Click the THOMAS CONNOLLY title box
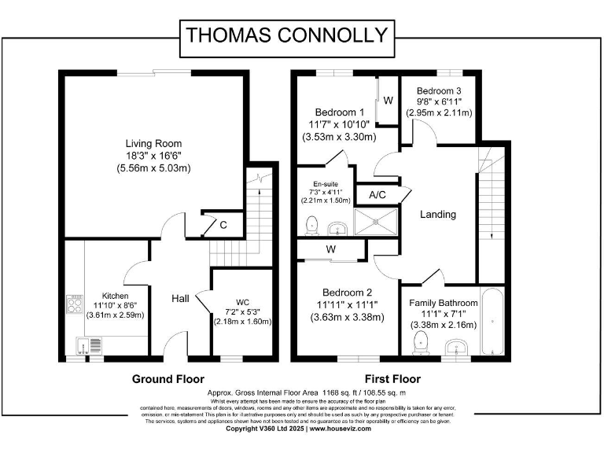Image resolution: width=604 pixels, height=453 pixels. tap(286, 35)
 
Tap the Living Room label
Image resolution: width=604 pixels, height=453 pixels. tap(153, 156)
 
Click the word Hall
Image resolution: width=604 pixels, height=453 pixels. tap(180, 299)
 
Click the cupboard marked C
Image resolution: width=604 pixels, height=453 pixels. tap(223, 225)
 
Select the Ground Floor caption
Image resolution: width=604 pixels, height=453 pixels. tap(168, 378)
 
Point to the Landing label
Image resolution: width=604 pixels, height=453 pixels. tap(438, 214)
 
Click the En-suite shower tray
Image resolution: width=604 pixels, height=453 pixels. tap(377, 222)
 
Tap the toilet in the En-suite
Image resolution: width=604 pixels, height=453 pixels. tap(311, 225)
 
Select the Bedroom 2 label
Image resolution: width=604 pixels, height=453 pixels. tap(339, 305)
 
